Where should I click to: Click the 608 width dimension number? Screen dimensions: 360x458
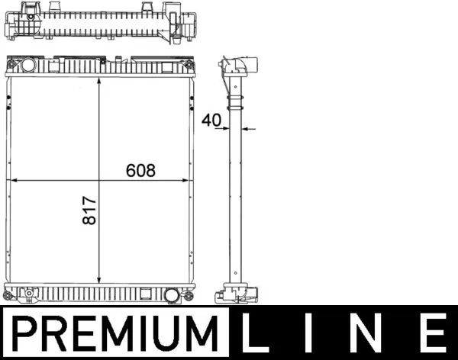[140, 171]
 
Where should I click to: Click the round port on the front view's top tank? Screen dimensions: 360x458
[29, 65]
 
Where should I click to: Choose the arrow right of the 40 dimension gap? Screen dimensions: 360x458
[253, 129]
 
